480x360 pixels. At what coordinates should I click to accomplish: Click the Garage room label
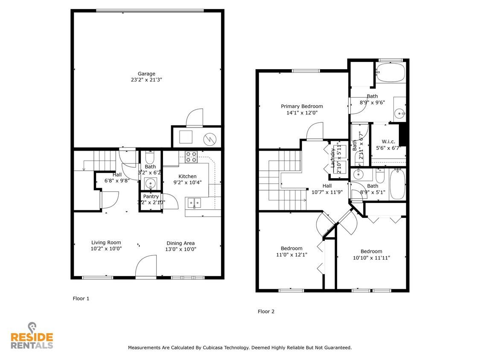click(x=146, y=74)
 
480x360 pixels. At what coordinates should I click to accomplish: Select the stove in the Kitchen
click(x=191, y=157)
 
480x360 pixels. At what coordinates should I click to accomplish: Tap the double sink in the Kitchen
click(x=194, y=203)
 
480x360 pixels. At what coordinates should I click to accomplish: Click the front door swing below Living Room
click(x=146, y=266)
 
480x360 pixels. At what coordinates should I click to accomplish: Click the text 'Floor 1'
click(x=81, y=299)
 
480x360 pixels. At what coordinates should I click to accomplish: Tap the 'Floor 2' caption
click(x=266, y=311)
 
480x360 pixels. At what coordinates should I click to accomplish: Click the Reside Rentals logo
click(x=32, y=337)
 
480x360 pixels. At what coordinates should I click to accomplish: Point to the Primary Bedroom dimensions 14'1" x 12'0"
click(x=302, y=113)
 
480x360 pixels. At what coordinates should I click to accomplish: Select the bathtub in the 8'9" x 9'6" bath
click(x=390, y=73)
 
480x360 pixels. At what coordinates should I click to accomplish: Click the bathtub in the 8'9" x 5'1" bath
click(x=397, y=184)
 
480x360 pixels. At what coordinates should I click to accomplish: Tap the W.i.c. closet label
click(x=388, y=142)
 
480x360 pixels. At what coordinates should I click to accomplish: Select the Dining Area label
click(x=180, y=243)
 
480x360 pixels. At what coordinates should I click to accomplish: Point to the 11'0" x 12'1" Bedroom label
click(x=291, y=248)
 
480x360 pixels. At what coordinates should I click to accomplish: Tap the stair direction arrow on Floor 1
click(x=84, y=169)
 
